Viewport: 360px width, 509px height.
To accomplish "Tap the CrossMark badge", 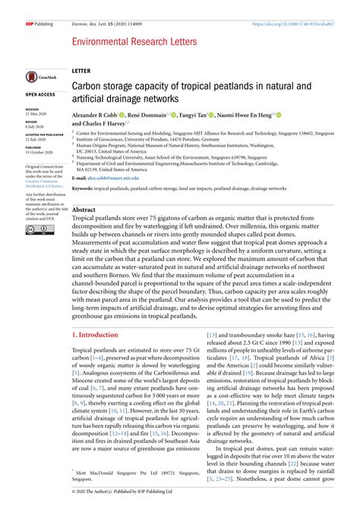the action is click(38, 76).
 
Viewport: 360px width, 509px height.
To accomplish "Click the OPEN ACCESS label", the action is click(40, 94).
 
